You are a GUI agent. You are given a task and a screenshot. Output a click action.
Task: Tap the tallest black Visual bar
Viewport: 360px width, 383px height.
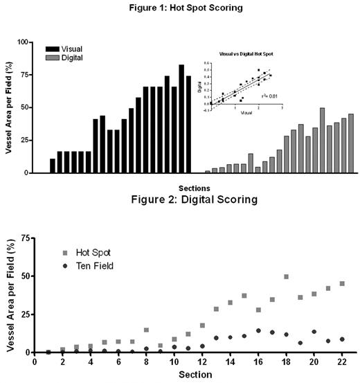[181, 118]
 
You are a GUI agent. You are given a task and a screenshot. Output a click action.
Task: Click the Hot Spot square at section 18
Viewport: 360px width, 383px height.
[286, 276]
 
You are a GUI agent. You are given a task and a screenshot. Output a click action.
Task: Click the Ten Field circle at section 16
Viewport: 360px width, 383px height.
[258, 330]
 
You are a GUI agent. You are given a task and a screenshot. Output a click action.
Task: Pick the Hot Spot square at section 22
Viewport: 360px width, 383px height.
[342, 283]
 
